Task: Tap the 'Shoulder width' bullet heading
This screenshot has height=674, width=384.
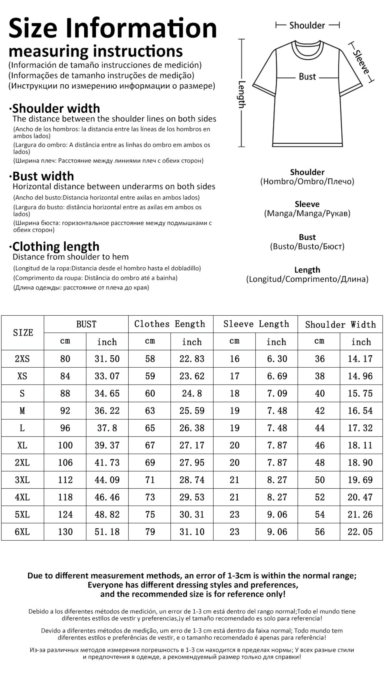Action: (56, 108)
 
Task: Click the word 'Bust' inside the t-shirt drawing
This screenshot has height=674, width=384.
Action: (307, 77)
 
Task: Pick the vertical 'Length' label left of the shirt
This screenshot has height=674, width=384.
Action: (242, 94)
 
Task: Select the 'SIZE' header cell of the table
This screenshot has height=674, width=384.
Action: (23, 333)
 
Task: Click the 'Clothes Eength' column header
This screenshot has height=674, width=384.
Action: (170, 324)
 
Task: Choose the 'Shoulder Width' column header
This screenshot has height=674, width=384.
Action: (340, 325)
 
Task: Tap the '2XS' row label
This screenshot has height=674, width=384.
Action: (22, 359)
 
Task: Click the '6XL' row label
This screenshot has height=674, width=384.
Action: (22, 532)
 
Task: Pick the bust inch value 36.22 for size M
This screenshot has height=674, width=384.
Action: (107, 411)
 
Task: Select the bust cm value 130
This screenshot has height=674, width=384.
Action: (65, 532)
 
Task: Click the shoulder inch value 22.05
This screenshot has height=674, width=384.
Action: (360, 532)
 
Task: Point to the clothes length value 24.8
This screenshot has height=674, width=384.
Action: (192, 393)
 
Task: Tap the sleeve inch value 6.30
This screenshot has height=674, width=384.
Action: (277, 359)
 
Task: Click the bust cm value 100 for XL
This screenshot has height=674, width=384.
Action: (65, 445)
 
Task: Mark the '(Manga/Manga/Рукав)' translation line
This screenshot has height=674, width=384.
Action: (307, 214)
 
